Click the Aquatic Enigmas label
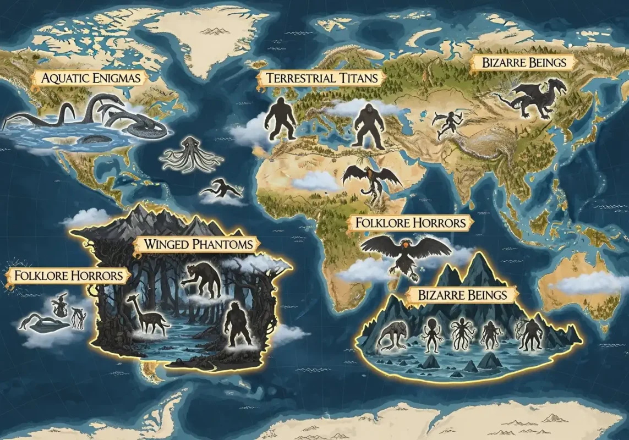pyautogui.click(x=91, y=78)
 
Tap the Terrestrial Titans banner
pyautogui.click(x=322, y=78)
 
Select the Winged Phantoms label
pyautogui.click(x=198, y=244)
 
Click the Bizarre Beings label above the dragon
pyautogui.click(x=524, y=62)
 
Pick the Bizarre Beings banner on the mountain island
pyautogui.click(x=462, y=295)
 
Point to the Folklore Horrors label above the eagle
pyautogui.click(x=411, y=223)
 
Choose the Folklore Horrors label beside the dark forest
pyautogui.click(x=65, y=274)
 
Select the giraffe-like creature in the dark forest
pyautogui.click(x=147, y=313)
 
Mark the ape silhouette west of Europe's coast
pyautogui.click(x=280, y=118)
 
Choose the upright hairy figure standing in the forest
pyautogui.click(x=238, y=324)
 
